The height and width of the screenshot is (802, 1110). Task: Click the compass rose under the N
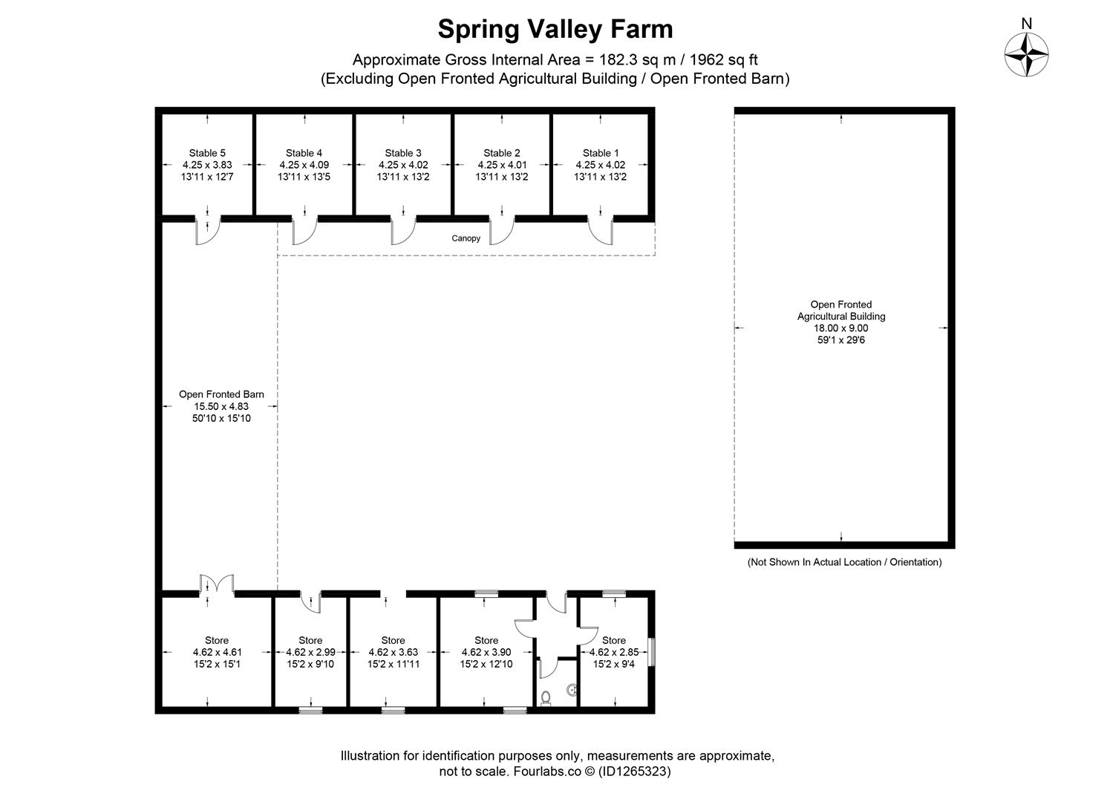pyautogui.click(x=1026, y=55)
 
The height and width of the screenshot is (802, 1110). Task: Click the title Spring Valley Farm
pyautogui.click(x=555, y=29)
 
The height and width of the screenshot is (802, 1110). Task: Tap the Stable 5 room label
pyautogui.click(x=207, y=153)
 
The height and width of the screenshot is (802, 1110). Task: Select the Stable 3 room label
pyautogui.click(x=403, y=153)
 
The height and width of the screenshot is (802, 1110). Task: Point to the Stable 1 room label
pyautogui.click(x=601, y=153)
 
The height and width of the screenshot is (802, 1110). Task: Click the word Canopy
pyautogui.click(x=466, y=238)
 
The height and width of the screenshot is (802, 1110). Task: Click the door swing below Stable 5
pyautogui.click(x=207, y=232)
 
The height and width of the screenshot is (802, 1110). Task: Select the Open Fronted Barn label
pyautogui.click(x=221, y=394)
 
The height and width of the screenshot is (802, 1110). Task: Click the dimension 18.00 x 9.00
pyautogui.click(x=840, y=327)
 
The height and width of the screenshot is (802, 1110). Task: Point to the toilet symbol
pyautogui.click(x=546, y=698)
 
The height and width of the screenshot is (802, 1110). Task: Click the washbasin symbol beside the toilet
pyautogui.click(x=571, y=690)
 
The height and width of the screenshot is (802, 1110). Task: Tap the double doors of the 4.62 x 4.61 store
pyautogui.click(x=216, y=585)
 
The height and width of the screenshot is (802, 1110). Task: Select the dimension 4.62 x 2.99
pyautogui.click(x=310, y=652)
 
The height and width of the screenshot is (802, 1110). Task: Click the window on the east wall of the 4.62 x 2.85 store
pyautogui.click(x=651, y=651)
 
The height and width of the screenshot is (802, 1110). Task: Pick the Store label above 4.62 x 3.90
pyautogui.click(x=486, y=640)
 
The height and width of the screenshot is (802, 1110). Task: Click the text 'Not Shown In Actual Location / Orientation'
pyautogui.click(x=844, y=562)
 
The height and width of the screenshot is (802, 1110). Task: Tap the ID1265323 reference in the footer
pyautogui.click(x=632, y=772)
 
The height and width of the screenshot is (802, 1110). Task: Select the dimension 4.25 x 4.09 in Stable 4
pyautogui.click(x=304, y=165)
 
